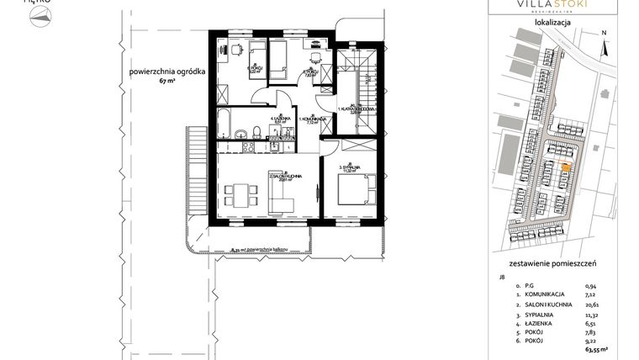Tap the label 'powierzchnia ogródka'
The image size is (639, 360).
point(162,72)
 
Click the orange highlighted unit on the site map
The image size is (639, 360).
point(564,168)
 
